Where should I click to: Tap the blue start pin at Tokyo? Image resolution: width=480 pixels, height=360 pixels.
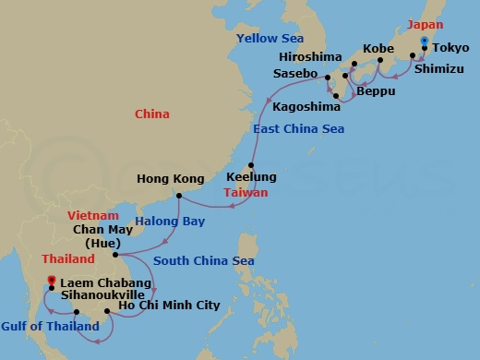click(424, 42)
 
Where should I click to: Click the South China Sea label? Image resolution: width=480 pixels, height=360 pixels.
click(204, 261)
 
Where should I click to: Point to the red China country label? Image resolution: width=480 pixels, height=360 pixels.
click(151, 115)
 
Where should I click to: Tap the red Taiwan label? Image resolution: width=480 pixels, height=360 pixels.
click(246, 193)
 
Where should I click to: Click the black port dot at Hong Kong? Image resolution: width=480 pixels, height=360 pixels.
click(176, 195)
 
